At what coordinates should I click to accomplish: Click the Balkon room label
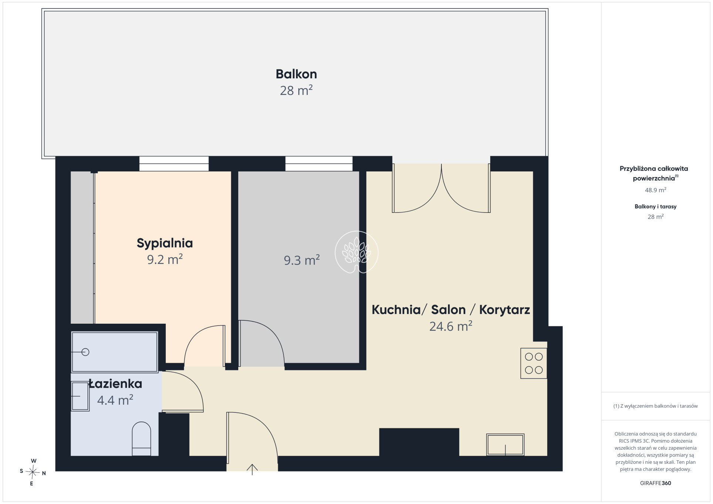296,74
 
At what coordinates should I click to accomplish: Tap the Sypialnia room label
165,243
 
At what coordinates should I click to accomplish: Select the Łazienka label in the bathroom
115,384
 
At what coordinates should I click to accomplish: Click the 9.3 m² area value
302,260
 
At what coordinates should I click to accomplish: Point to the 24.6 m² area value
451,326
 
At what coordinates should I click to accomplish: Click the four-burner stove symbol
534,363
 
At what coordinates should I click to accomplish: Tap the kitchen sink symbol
505,445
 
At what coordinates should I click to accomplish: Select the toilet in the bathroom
141,439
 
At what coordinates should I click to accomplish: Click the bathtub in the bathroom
115,352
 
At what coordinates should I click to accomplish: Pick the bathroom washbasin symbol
80,396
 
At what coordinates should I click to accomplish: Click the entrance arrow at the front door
252,469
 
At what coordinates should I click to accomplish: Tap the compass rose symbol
33,472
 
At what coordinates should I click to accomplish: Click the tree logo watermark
356,252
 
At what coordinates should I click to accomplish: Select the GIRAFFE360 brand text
655,483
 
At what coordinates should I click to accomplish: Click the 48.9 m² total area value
655,190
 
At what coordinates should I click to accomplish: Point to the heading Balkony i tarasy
655,207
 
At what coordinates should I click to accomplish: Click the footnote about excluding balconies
655,406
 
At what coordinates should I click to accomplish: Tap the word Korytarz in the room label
504,310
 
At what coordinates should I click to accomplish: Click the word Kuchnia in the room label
396,310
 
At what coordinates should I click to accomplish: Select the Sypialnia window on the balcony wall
174,164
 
